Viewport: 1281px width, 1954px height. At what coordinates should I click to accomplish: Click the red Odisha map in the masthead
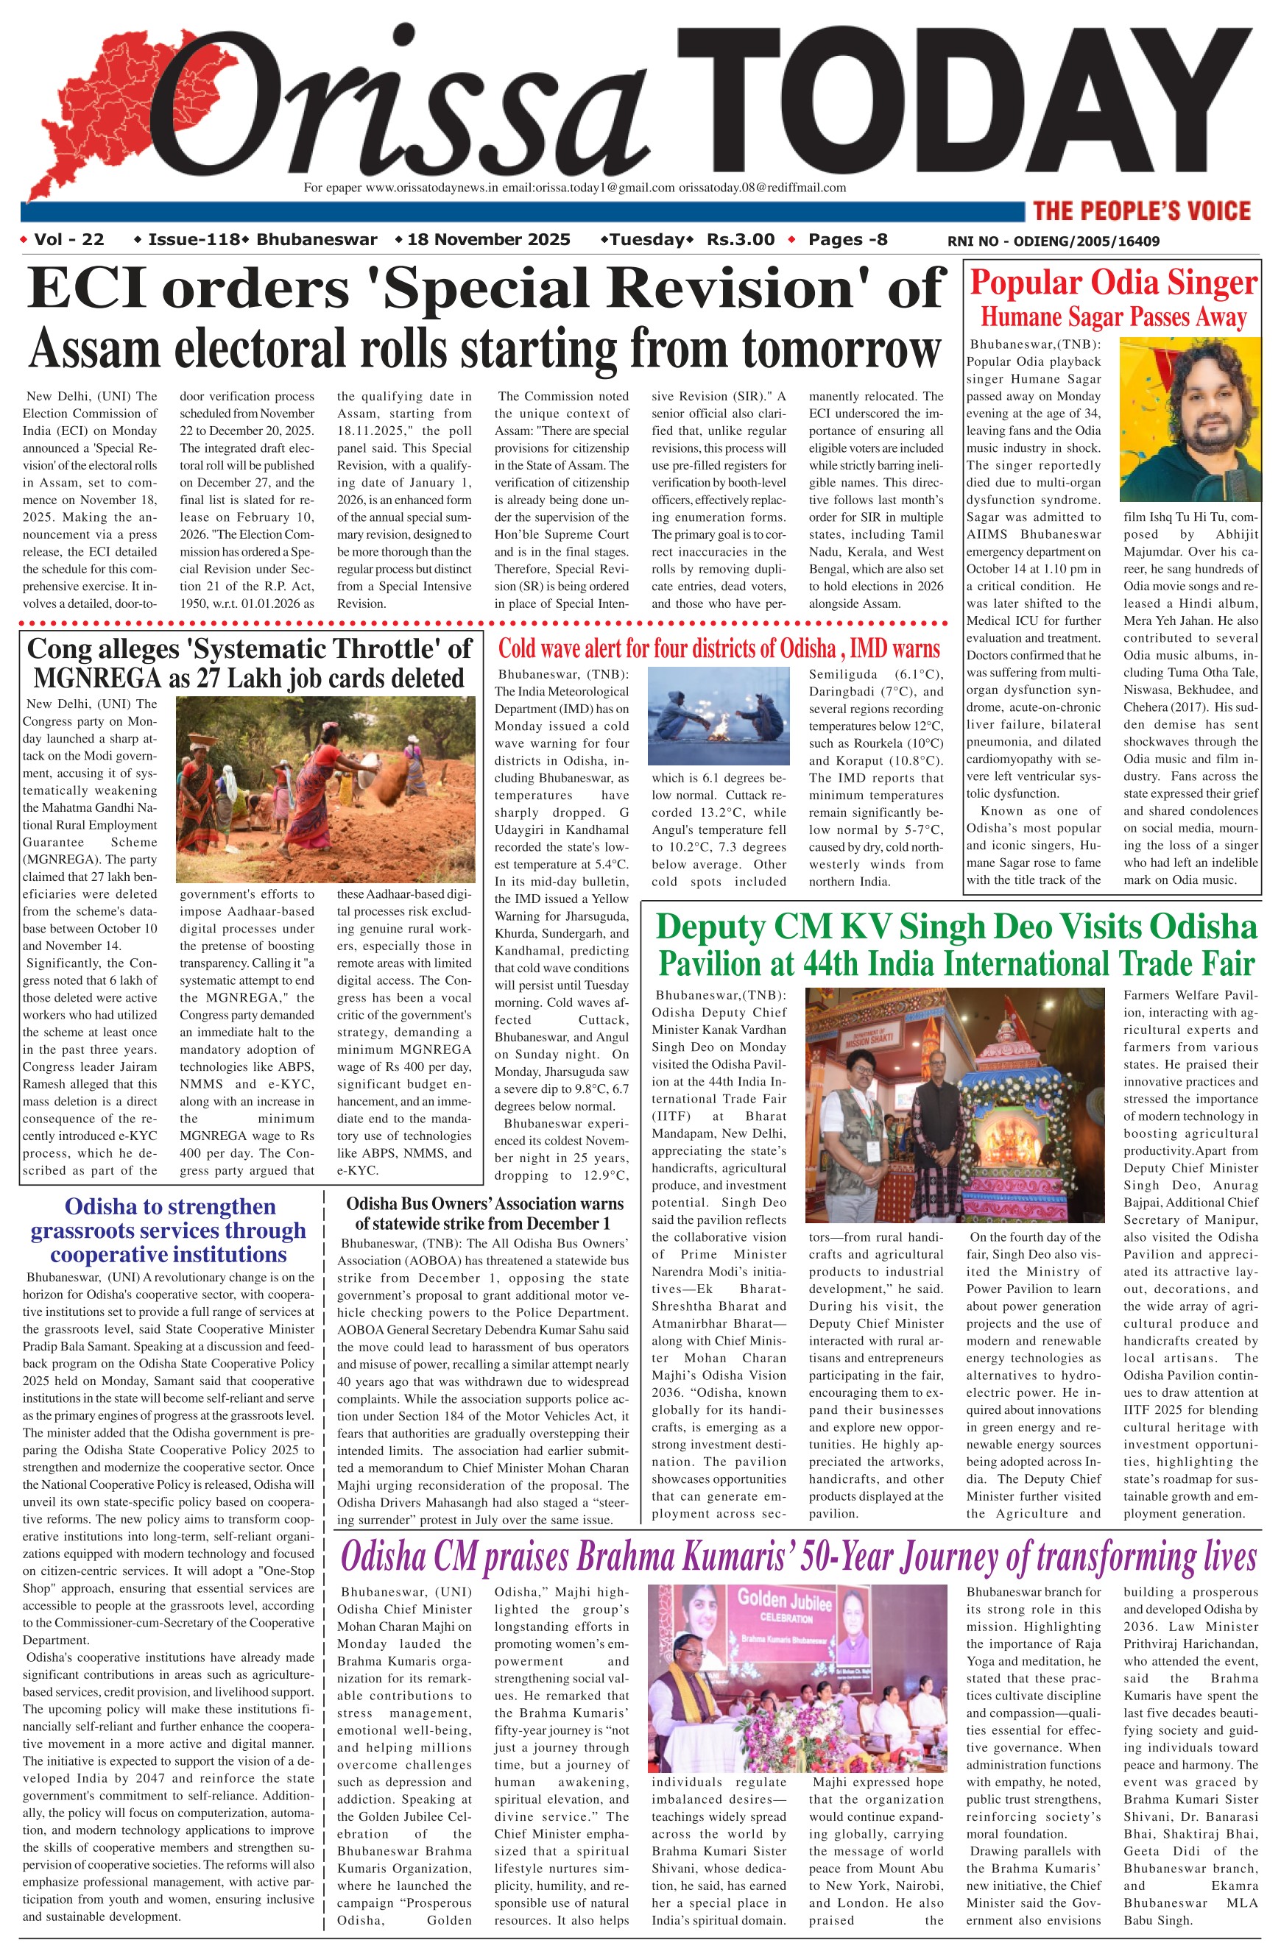pyautogui.click(x=91, y=107)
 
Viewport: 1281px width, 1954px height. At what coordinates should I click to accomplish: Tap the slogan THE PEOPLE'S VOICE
pyautogui.click(x=1141, y=211)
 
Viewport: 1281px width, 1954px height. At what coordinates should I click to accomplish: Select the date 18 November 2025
pyautogui.click(x=489, y=240)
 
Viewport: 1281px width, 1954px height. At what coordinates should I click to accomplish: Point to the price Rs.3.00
pyautogui.click(x=741, y=240)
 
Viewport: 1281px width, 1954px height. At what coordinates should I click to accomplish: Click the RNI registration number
pyautogui.click(x=1054, y=241)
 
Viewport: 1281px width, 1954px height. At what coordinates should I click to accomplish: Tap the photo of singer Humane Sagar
pyautogui.click(x=1190, y=419)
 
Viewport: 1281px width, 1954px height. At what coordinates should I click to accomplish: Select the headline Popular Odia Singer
pyautogui.click(x=1112, y=283)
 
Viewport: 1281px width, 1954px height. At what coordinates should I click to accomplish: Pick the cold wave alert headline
pyautogui.click(x=719, y=648)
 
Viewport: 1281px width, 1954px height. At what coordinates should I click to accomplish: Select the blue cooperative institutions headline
pyautogui.click(x=169, y=1230)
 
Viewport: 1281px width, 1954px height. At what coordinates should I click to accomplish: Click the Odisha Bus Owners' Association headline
pyautogui.click(x=484, y=1213)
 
